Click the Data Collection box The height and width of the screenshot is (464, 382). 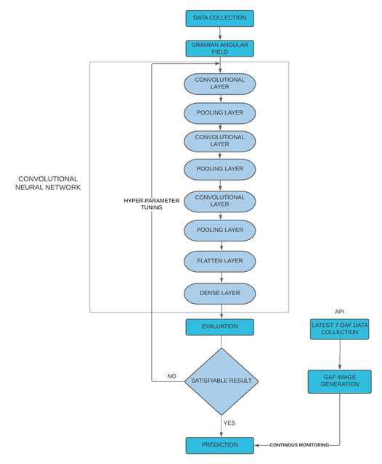219,18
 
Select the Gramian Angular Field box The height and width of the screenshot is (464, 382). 219,49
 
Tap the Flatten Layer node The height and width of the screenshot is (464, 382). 219,261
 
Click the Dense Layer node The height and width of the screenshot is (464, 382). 219,293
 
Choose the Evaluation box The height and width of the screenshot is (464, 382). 219,327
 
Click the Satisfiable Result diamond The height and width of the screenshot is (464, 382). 222,381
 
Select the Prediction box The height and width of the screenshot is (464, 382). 219,445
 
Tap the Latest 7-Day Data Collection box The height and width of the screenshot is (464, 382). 340,328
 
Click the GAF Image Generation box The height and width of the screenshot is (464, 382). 340,381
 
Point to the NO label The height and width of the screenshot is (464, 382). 171,376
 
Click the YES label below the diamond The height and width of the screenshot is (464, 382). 229,423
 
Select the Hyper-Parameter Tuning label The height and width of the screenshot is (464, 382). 152,204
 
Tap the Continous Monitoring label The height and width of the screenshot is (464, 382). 299,444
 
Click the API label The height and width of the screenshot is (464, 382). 340,311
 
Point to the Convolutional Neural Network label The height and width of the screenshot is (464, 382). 48,183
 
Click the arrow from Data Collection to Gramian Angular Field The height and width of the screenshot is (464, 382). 220,33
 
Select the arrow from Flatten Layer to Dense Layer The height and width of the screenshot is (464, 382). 222,277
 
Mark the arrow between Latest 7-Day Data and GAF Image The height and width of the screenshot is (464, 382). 340,355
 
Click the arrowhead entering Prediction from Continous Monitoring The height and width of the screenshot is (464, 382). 256,445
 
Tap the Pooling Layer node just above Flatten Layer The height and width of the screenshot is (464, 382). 219,231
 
